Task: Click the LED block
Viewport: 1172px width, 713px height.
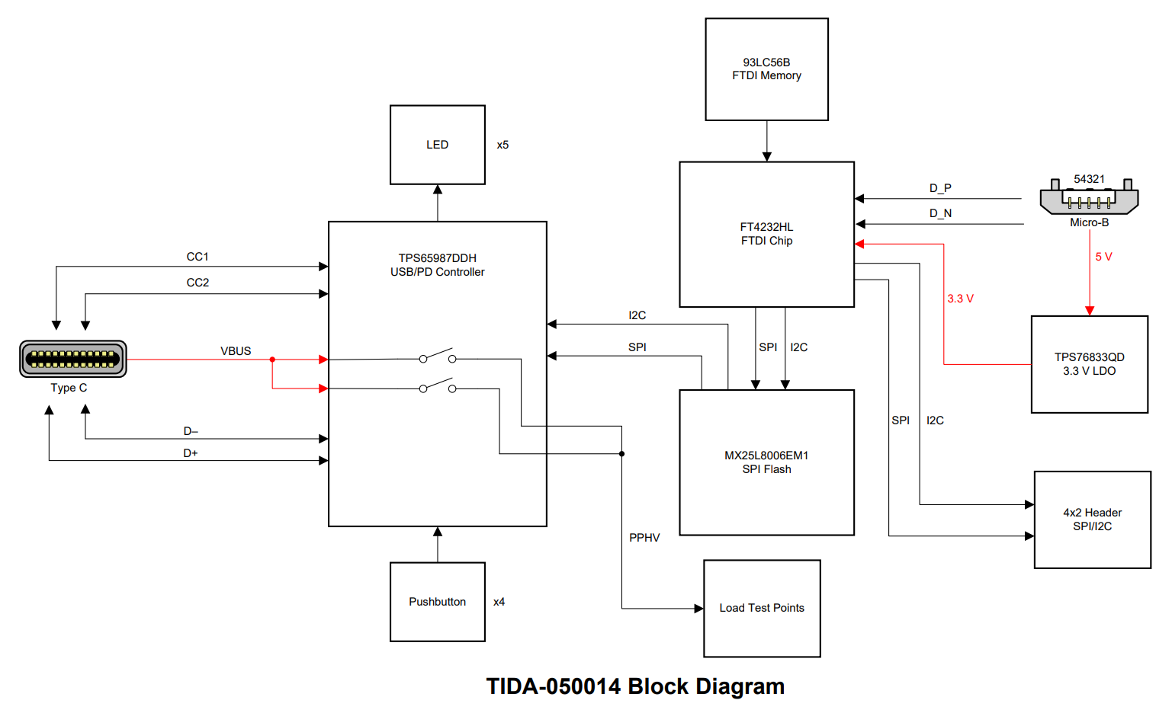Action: [x=437, y=145]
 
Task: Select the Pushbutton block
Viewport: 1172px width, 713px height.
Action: [x=437, y=602]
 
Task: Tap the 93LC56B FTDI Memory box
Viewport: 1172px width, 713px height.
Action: [x=766, y=69]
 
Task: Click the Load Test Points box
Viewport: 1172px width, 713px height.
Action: [x=762, y=608]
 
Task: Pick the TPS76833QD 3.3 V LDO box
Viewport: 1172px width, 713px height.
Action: [x=1089, y=364]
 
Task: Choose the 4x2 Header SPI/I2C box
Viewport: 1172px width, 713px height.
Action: [x=1092, y=520]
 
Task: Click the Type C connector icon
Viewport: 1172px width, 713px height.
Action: [x=73, y=359]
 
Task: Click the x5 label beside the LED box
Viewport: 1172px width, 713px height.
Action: [x=503, y=145]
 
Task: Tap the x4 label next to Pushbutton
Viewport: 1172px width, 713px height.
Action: [x=499, y=602]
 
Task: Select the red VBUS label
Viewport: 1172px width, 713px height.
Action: [x=236, y=351]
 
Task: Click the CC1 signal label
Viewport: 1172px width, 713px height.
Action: [x=197, y=257]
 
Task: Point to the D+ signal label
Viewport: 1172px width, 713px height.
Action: [x=191, y=453]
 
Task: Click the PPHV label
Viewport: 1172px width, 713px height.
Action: [x=644, y=538]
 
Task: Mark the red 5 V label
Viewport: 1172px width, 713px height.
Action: [x=1103, y=257]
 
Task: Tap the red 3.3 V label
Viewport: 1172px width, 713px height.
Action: [x=960, y=299]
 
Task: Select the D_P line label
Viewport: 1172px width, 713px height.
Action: [x=940, y=188]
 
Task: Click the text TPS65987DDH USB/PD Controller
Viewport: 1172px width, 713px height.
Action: [x=437, y=265]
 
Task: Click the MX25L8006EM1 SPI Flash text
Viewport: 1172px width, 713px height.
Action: [x=766, y=462]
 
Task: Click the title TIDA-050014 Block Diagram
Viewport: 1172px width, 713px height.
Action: [x=635, y=686]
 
